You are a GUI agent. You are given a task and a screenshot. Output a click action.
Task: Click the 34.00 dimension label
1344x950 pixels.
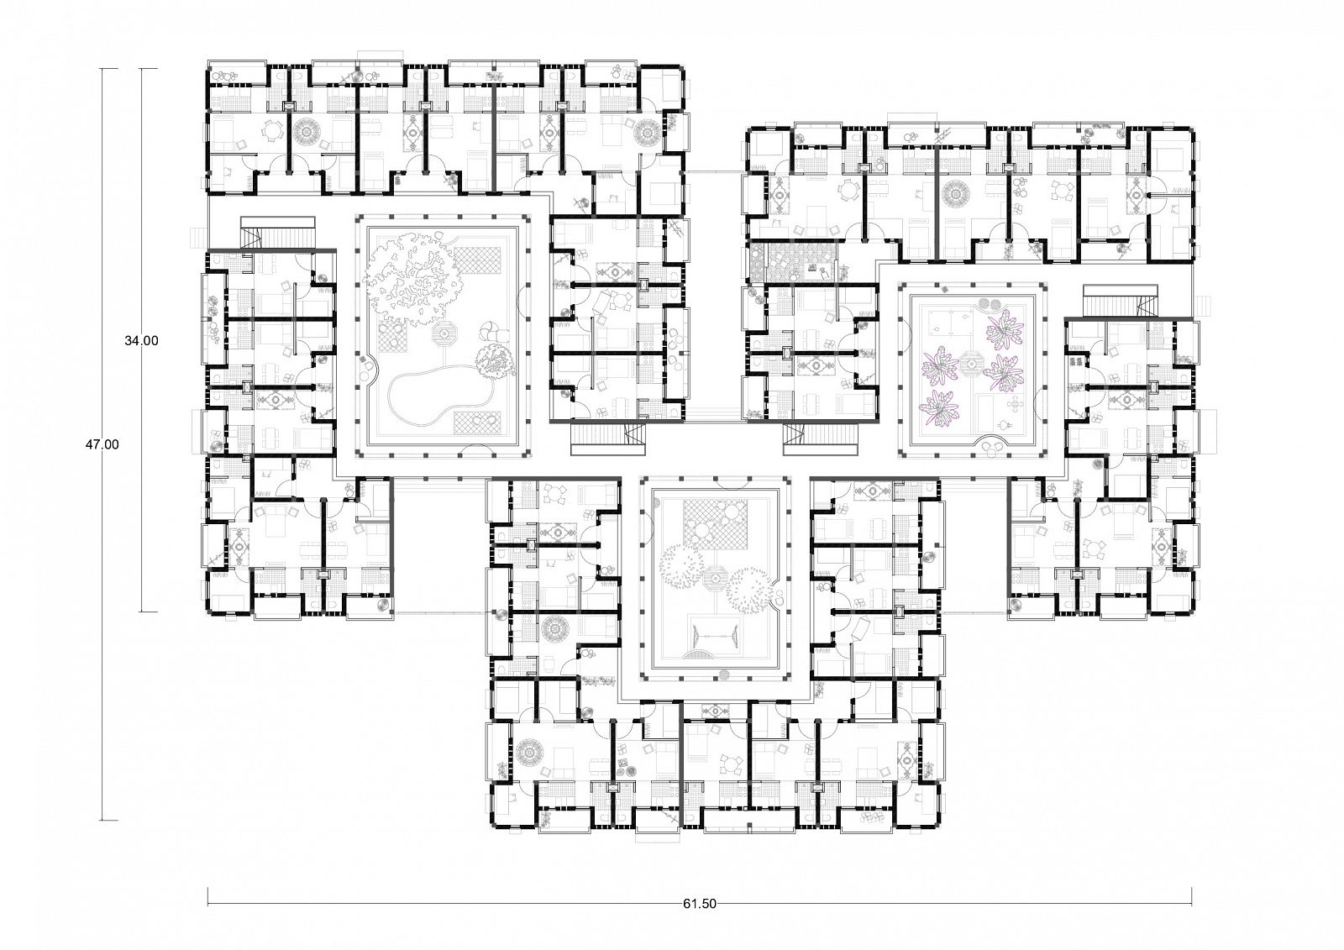[x=142, y=340]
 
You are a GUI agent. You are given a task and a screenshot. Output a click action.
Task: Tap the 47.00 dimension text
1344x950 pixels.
[x=102, y=444]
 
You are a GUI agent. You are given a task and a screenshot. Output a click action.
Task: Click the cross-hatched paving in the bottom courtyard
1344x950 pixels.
[x=716, y=524]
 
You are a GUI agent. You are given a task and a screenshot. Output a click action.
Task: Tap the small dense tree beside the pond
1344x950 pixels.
[x=496, y=362]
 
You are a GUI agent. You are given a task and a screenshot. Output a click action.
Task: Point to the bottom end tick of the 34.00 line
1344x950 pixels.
[x=149, y=611]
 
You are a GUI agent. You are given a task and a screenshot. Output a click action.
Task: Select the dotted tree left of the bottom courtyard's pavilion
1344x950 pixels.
[x=681, y=567]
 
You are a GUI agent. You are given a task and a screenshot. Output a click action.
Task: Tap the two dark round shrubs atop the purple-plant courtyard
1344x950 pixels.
[x=989, y=304]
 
